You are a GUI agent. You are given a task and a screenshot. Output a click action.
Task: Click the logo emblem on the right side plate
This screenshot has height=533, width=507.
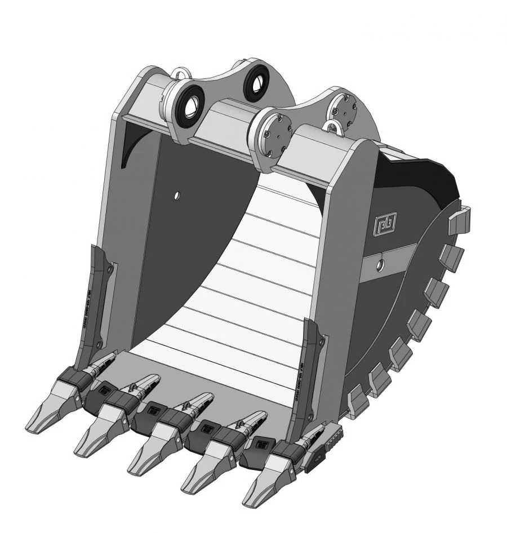(385, 223)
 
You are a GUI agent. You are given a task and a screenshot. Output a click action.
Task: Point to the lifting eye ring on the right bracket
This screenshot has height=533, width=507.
(336, 126)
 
